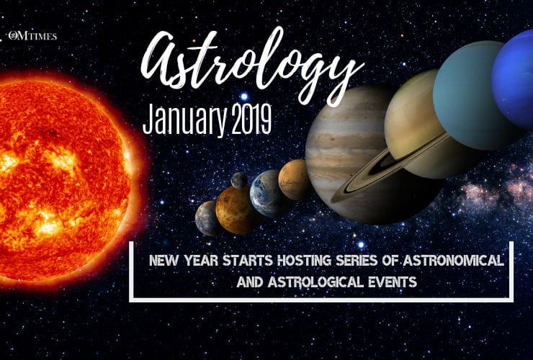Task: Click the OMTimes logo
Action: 33,35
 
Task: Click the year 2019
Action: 252,120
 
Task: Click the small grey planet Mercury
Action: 207,217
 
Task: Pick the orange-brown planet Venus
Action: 238,210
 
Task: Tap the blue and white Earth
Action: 270,193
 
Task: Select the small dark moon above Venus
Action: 240,180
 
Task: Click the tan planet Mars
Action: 295,179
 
